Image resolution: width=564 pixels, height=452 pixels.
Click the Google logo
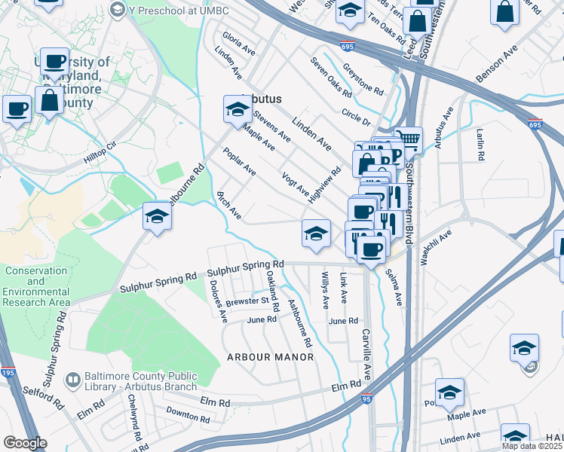coord(24,443)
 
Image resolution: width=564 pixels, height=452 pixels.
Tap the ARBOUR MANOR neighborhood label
coord(270,356)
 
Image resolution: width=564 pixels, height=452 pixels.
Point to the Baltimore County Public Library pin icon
coord(73,380)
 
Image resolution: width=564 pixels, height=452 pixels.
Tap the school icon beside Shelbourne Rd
coord(157,218)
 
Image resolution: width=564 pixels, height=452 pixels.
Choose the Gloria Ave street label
coord(238,44)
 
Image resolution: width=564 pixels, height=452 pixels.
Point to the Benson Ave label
coord(499,67)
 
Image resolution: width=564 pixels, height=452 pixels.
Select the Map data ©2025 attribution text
coord(532,446)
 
